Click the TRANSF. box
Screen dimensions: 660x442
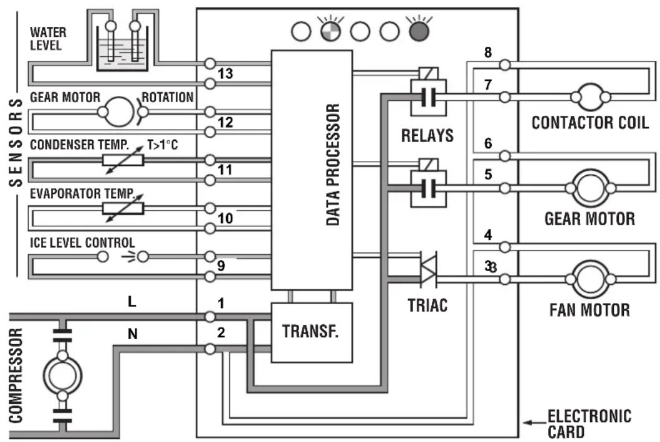click(x=312, y=332)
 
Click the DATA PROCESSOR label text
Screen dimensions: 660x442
click(x=333, y=165)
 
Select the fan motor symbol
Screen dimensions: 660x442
click(x=591, y=279)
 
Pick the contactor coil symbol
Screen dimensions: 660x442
click(x=591, y=97)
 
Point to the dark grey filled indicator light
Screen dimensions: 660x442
click(x=419, y=32)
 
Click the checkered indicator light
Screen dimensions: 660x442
click(x=331, y=32)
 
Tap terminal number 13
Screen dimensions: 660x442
click(x=225, y=74)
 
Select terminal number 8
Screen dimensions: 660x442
click(x=488, y=52)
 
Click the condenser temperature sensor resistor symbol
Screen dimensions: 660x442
click(x=123, y=160)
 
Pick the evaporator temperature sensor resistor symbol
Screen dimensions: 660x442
click(x=123, y=208)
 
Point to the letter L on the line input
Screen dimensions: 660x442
click(x=132, y=301)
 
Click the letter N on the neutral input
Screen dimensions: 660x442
click(x=133, y=334)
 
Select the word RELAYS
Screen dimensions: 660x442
click(x=428, y=135)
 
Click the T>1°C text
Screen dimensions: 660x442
click(x=163, y=145)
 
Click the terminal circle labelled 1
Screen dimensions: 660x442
click(x=209, y=317)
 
